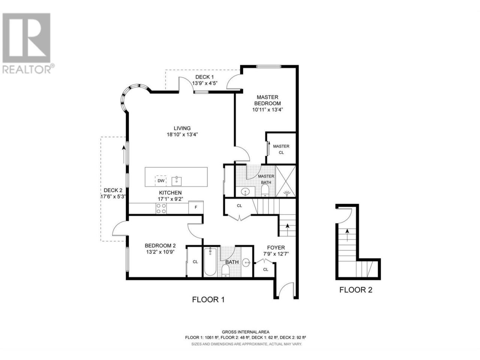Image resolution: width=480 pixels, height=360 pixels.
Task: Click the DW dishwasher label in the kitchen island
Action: (x=161, y=181)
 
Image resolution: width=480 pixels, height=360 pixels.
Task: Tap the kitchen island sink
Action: (x=176, y=181)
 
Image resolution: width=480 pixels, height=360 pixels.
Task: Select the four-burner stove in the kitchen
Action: (x=161, y=208)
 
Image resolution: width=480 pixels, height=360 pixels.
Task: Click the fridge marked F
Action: (x=196, y=207)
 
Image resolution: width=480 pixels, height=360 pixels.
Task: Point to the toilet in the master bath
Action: (x=265, y=190)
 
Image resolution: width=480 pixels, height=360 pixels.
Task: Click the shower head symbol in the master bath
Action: (x=287, y=193)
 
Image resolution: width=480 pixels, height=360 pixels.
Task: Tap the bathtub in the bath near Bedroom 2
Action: (x=210, y=262)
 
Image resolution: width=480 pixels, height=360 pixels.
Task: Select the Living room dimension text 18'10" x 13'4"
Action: (x=182, y=135)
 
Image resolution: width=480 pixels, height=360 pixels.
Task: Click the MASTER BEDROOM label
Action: (x=267, y=100)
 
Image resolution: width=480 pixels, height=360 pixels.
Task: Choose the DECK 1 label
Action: (x=204, y=77)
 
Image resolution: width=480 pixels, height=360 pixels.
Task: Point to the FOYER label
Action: (x=276, y=247)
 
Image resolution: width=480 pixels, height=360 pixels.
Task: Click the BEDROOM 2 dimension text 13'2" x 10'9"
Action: (x=160, y=252)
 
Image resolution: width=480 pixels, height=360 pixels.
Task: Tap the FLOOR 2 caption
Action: (x=356, y=290)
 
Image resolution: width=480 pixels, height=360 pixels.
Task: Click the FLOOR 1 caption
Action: (x=208, y=300)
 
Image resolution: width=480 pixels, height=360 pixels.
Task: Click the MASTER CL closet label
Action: (x=281, y=149)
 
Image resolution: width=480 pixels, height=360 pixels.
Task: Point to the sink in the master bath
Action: (x=246, y=192)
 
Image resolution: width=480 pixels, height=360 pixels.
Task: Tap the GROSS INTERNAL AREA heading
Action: (x=246, y=332)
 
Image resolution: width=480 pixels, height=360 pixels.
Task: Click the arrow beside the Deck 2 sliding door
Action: (x=124, y=155)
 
